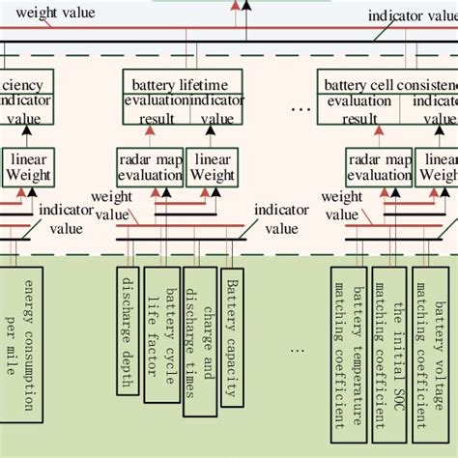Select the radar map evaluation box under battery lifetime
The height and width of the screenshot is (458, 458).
(150, 167)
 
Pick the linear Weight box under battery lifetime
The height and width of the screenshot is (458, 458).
(213, 167)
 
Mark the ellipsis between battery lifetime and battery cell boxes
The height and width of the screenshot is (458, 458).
(301, 108)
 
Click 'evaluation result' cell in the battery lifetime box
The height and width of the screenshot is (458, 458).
(157, 109)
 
